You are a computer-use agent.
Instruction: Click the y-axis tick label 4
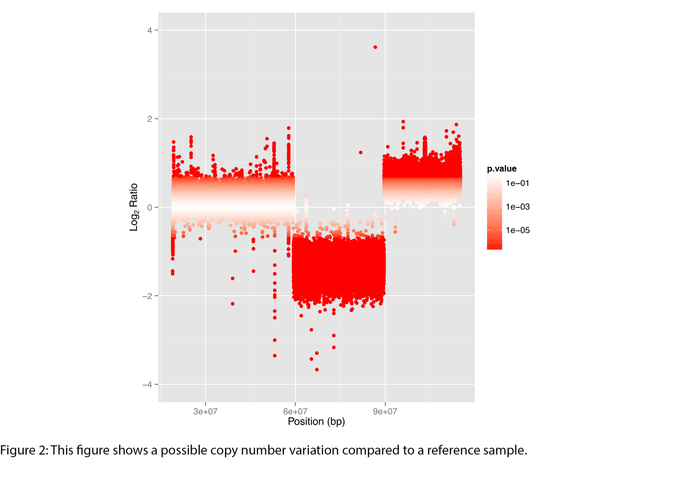coord(150,30)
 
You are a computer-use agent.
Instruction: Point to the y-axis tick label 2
coord(150,119)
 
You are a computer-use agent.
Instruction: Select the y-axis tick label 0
coord(150,207)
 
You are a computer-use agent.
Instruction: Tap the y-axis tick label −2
coord(147,296)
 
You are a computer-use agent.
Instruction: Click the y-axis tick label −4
coord(147,385)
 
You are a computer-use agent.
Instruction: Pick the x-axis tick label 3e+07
coord(205,412)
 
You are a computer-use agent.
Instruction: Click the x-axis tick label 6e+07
coord(295,412)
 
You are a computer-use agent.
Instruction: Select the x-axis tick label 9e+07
coord(385,412)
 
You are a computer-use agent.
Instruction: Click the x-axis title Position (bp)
coord(316,422)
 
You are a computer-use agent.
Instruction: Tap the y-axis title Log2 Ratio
coord(134,207)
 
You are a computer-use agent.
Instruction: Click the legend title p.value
coord(502,169)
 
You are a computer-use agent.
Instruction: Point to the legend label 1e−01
coord(517,183)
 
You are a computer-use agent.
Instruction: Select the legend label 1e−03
coord(517,207)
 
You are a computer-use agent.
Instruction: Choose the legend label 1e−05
coord(517,230)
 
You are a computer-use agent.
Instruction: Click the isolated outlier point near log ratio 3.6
coord(375,47)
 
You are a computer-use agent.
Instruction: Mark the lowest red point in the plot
coord(317,370)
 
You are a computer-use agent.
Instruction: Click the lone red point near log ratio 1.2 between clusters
coord(361,152)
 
